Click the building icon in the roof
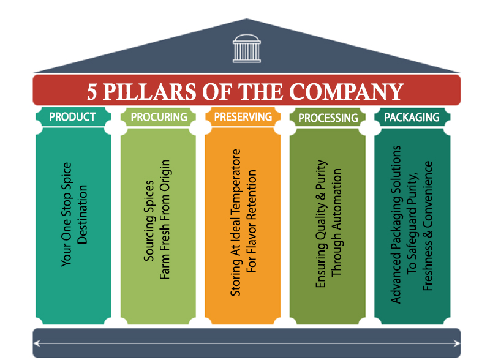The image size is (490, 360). pos(246,47)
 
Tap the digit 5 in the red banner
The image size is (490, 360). pos(92,91)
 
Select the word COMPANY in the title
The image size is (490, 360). pos(347,91)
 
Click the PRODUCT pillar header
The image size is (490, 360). pos(72,116)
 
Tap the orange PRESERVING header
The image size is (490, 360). pos(244,116)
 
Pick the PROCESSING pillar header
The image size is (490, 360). pos(328,118)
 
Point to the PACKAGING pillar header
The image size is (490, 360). pos(412,116)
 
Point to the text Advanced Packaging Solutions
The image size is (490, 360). pos(396,223)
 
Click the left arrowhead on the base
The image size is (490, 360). pos(38,343)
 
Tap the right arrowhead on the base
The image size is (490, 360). pos(455,343)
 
